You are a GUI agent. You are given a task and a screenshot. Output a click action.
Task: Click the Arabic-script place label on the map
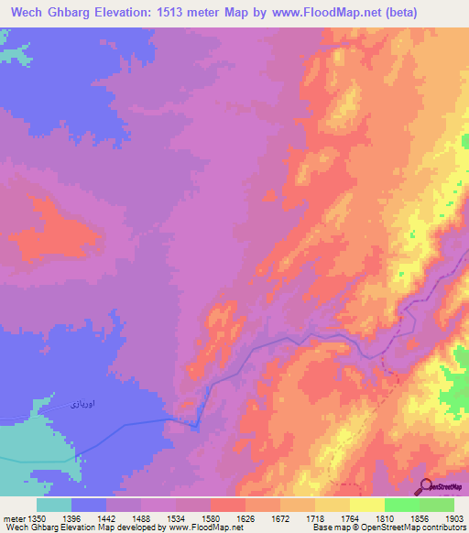tap(83, 402)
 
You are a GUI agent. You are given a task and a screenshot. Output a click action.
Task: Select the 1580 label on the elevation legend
tap(226, 517)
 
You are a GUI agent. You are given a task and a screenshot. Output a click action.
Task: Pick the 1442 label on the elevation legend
tap(119, 517)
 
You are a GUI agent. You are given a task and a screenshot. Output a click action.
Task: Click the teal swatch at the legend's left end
tap(54, 505)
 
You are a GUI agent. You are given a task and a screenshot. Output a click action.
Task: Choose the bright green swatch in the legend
tap(401, 505)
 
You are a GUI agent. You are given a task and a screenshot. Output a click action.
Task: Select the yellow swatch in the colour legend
tap(366, 505)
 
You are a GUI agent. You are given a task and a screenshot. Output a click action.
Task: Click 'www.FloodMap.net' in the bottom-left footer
tap(196, 528)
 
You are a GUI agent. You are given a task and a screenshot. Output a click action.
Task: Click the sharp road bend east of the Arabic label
tap(195, 425)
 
